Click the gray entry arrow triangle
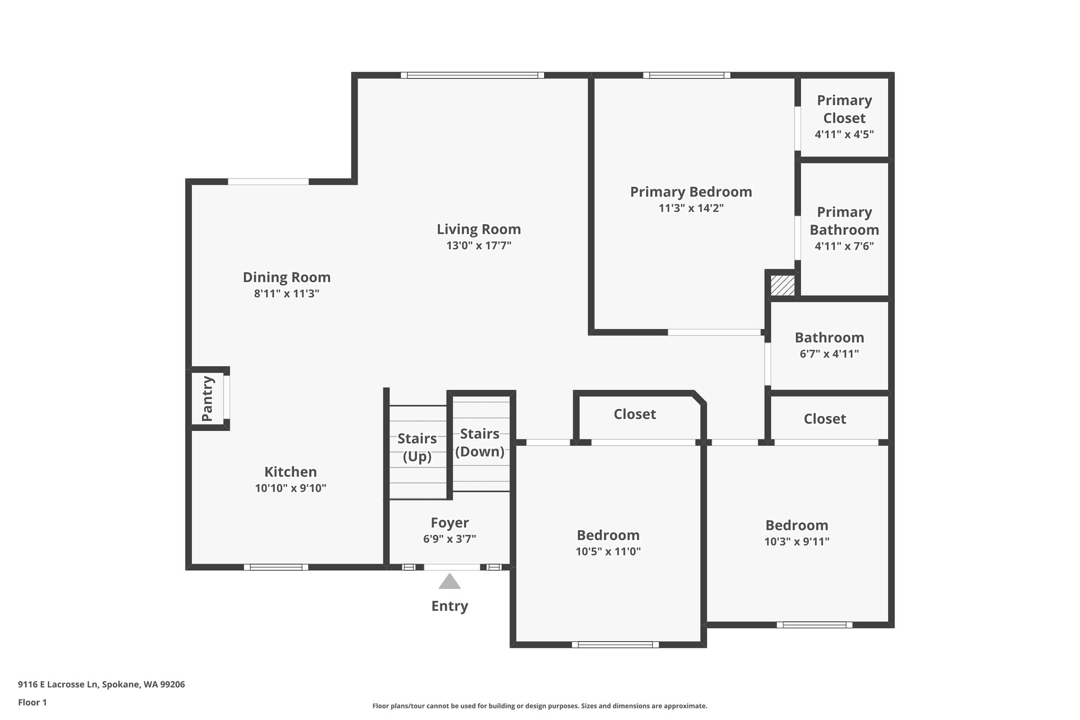(449, 581)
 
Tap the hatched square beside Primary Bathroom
(783, 285)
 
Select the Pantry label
(207, 398)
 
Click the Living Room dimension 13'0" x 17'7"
(479, 245)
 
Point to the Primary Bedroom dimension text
(691, 208)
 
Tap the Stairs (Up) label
(417, 447)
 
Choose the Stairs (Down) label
(480, 443)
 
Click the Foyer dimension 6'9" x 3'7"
(449, 539)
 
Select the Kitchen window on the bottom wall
(276, 567)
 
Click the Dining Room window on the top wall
(268, 181)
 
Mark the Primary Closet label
(844, 109)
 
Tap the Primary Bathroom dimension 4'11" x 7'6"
(844, 246)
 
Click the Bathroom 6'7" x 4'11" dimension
(829, 354)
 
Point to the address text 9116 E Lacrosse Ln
(58, 685)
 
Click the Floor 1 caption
(32, 702)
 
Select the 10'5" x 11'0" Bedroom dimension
(608, 552)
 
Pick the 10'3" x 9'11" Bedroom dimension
(797, 542)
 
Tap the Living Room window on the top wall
(472, 75)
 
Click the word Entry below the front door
(449, 606)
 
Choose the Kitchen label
(291, 472)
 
